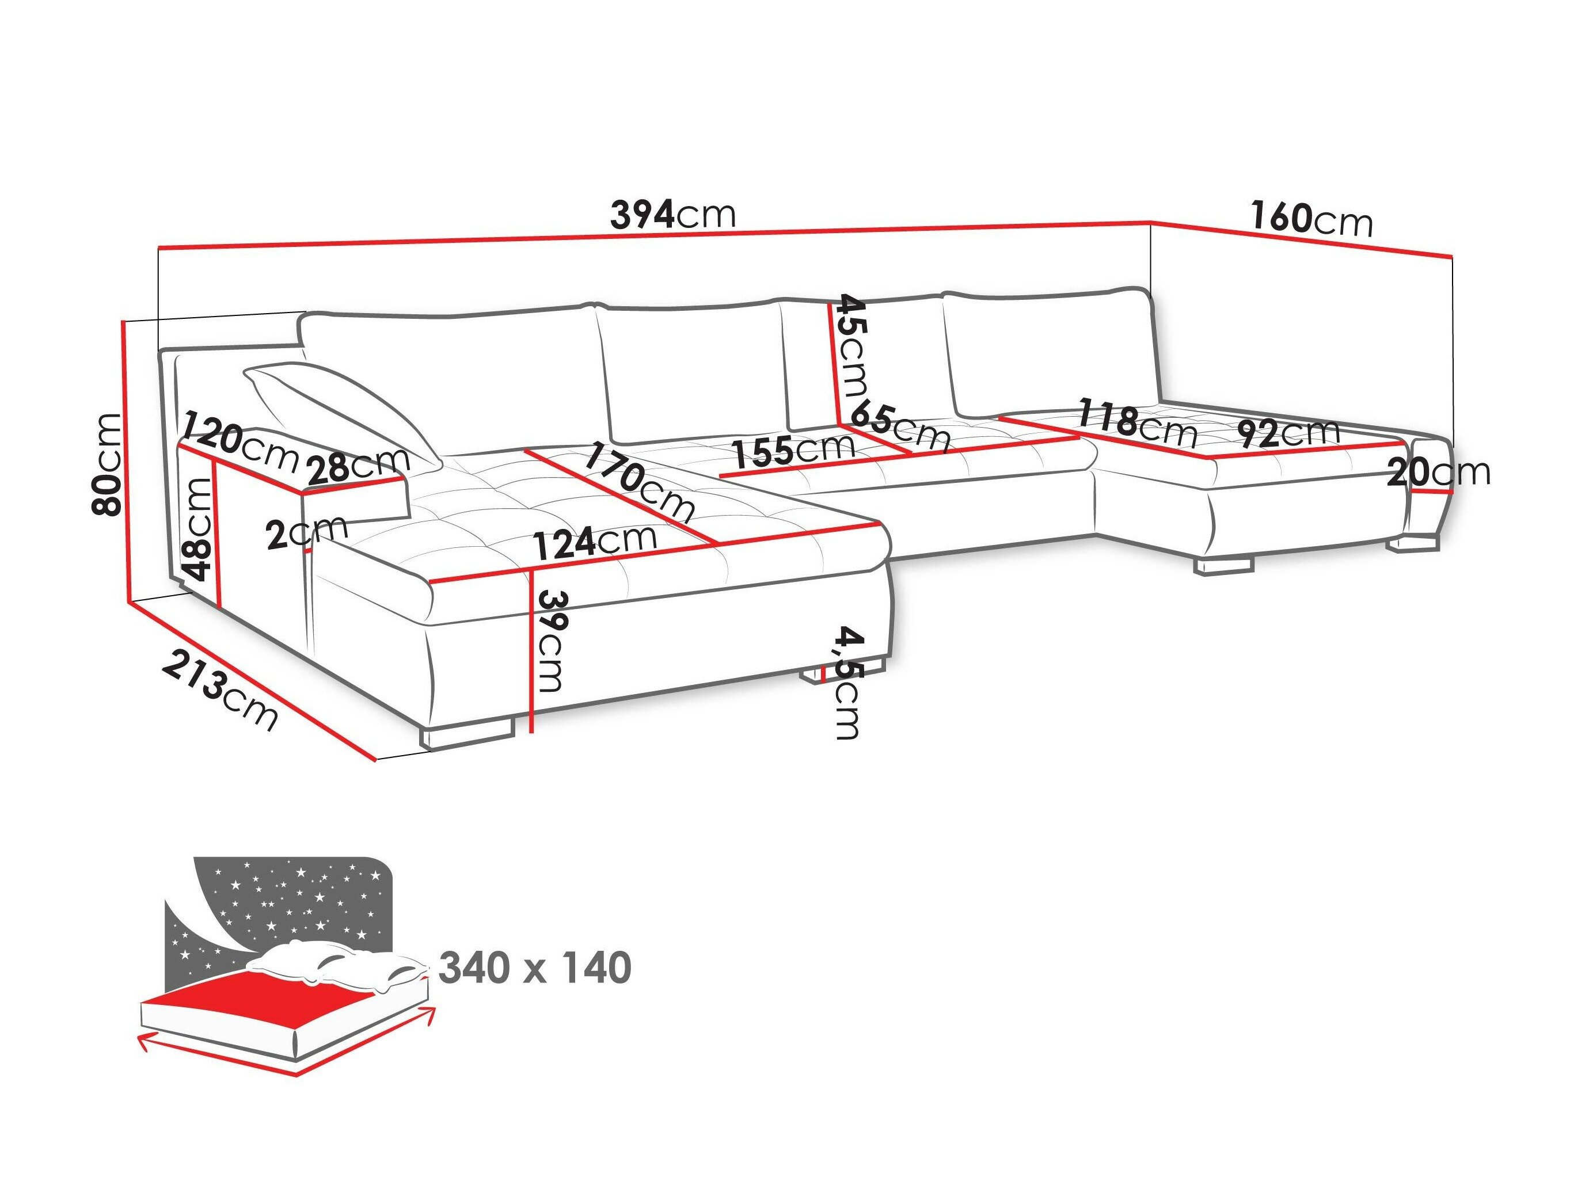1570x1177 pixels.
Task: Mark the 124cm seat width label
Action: click(595, 543)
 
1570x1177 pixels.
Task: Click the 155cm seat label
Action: click(793, 449)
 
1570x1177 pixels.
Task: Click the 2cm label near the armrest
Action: click(307, 534)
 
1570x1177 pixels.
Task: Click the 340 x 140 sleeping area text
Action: click(535, 969)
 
